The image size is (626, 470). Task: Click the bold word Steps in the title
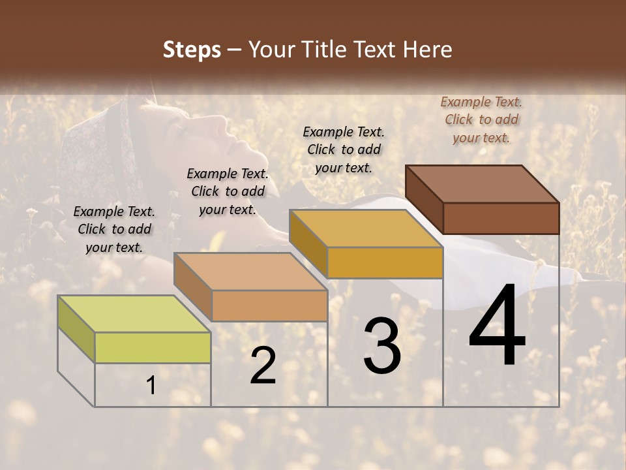tap(192, 50)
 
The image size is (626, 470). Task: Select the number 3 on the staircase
tap(382, 346)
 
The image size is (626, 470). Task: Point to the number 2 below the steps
tap(263, 366)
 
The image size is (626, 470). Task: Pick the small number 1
tap(151, 386)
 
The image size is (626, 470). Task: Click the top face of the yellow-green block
tap(134, 314)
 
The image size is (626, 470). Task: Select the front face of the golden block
tap(385, 262)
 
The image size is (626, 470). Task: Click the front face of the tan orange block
tap(269, 305)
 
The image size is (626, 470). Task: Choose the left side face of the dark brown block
tap(424, 198)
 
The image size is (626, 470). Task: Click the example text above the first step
tap(114, 229)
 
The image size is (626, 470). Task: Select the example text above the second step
tap(228, 191)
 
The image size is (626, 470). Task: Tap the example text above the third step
tap(344, 149)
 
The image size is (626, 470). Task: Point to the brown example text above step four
tap(481, 119)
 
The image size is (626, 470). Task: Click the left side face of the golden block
tap(308, 242)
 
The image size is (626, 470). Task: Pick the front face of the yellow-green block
tap(153, 347)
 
